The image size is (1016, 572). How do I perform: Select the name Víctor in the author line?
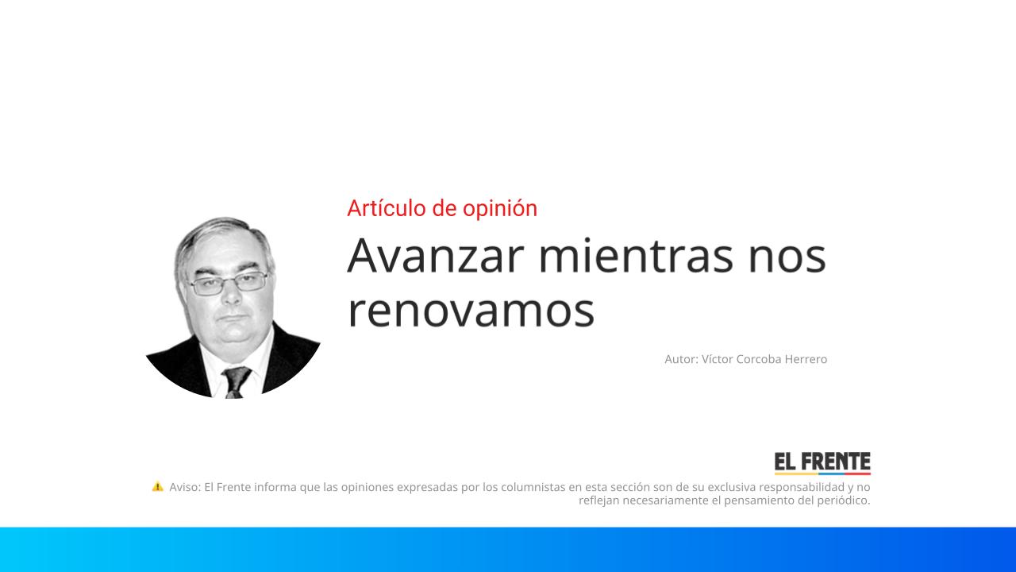(x=717, y=359)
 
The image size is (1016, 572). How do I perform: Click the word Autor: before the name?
(x=681, y=359)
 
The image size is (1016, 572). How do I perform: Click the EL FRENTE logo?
(x=822, y=463)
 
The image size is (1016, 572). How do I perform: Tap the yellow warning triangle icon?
(x=157, y=486)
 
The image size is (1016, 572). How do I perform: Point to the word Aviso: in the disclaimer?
(x=185, y=487)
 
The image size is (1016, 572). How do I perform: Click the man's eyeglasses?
(x=228, y=284)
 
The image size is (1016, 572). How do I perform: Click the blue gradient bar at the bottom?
(x=508, y=549)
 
